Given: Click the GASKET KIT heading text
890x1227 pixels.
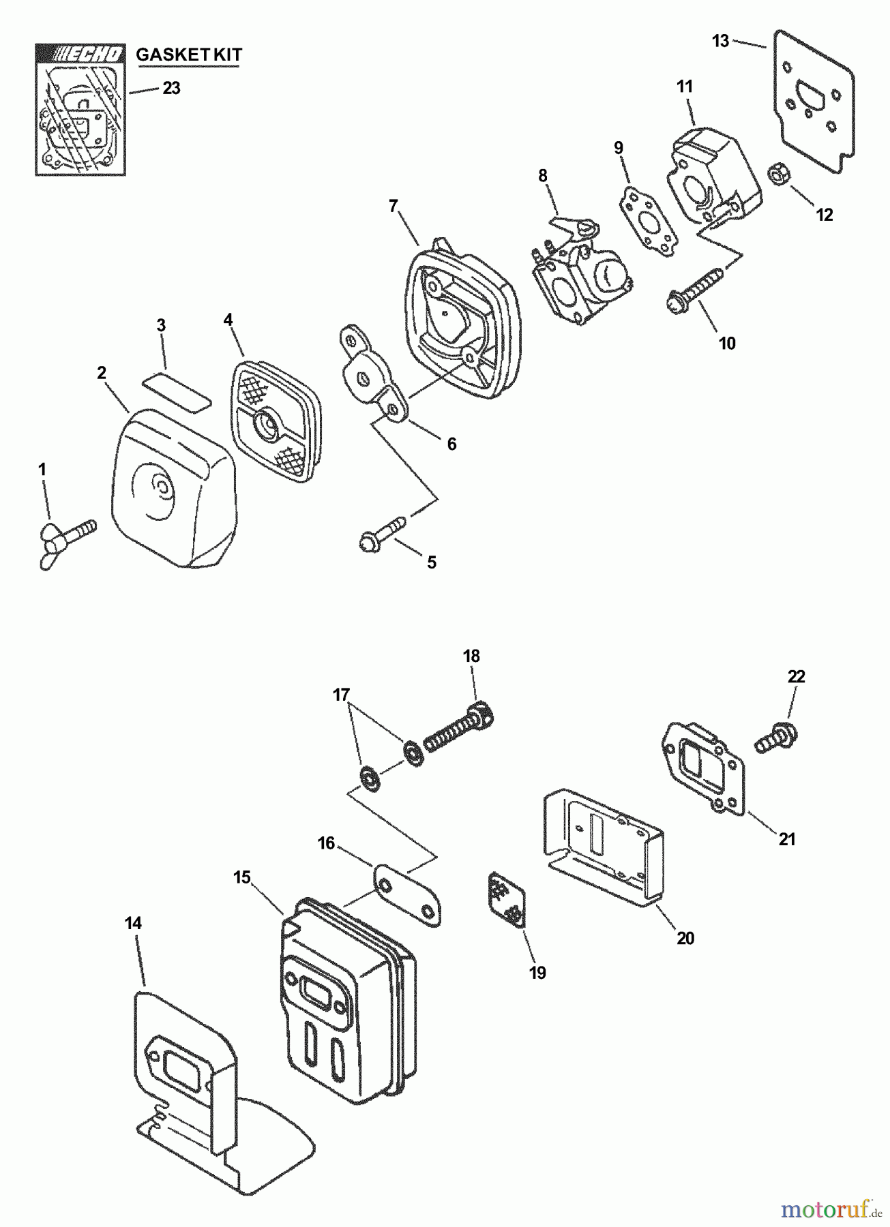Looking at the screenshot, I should tap(189, 55).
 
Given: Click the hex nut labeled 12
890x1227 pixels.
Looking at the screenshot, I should tap(778, 175).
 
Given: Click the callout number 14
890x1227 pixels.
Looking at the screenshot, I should tap(134, 923).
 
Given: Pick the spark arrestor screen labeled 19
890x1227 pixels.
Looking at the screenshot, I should tap(506, 900).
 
